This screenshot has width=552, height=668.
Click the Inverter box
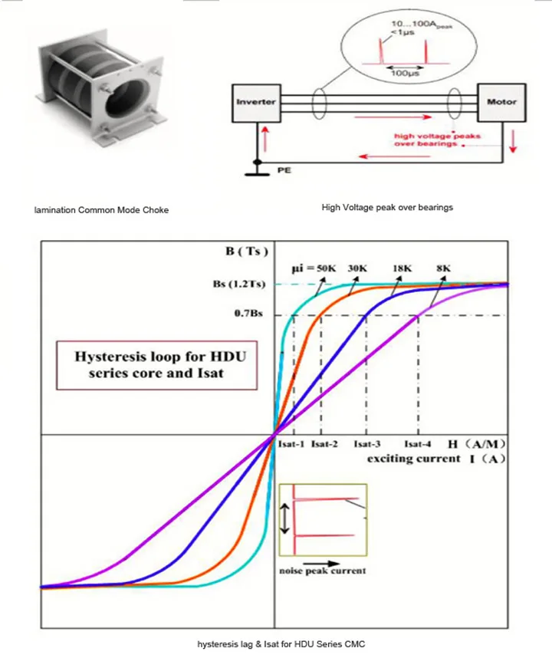255,101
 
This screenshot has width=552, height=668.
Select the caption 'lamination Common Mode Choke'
101,209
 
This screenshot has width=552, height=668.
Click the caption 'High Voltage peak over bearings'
387,207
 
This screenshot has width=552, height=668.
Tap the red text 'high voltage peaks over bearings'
426,140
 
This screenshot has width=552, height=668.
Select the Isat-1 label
291,444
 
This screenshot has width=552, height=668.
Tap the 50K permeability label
325,268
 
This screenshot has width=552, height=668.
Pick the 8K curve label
443,268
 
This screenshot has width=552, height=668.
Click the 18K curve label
402,268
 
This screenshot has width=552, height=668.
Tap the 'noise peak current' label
322,571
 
